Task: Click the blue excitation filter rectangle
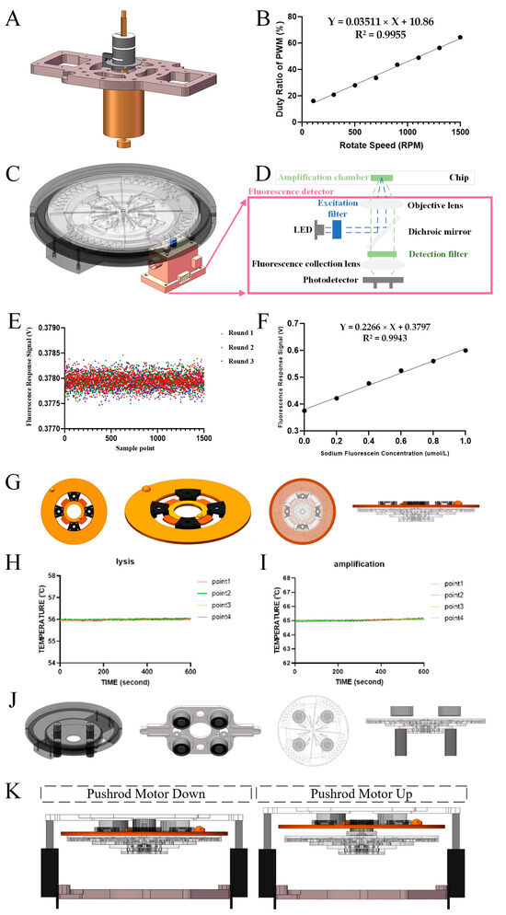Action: (x=338, y=229)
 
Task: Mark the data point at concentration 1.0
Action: (x=466, y=350)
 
